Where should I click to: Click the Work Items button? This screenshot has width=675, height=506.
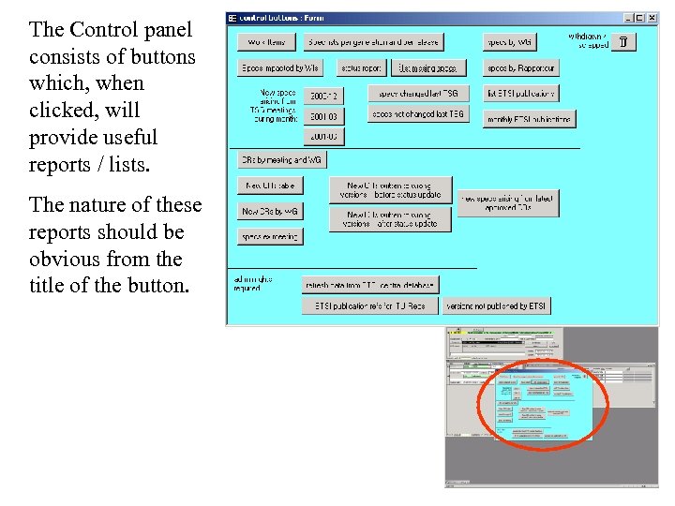pos(266,42)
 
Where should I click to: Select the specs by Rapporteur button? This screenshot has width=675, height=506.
pos(521,68)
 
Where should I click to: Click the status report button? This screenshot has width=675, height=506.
pos(361,68)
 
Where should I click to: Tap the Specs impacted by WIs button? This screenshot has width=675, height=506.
pos(279,68)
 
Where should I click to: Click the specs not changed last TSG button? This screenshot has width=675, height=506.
pos(417,114)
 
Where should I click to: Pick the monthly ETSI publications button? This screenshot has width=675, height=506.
pos(530,119)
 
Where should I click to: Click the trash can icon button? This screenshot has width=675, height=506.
pos(623,41)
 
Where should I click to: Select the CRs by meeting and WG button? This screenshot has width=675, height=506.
pos(281,160)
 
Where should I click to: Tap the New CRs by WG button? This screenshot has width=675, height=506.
pos(269,212)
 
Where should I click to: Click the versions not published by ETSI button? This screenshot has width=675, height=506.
pos(496,305)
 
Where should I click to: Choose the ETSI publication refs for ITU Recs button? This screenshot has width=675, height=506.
pos(369,305)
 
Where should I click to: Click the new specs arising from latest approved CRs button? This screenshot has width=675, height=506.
pos(507,203)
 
